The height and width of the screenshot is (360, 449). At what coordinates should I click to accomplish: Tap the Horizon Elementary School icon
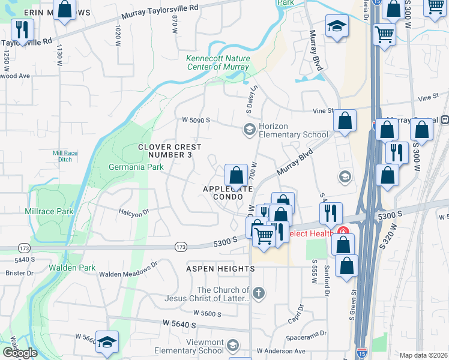coord(249,130)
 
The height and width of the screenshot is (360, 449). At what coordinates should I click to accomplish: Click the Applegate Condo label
coord(228,193)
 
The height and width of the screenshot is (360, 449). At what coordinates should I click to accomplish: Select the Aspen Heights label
coord(220,269)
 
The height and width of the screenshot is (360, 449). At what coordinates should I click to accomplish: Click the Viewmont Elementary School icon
coord(233,346)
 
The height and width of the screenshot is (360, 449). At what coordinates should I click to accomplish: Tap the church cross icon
coord(259,293)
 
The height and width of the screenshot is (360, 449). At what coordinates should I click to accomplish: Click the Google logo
coord(20,352)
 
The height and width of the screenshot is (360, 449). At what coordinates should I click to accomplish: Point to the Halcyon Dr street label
coord(133,212)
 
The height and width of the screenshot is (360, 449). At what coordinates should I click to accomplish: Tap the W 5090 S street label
coord(196,120)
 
